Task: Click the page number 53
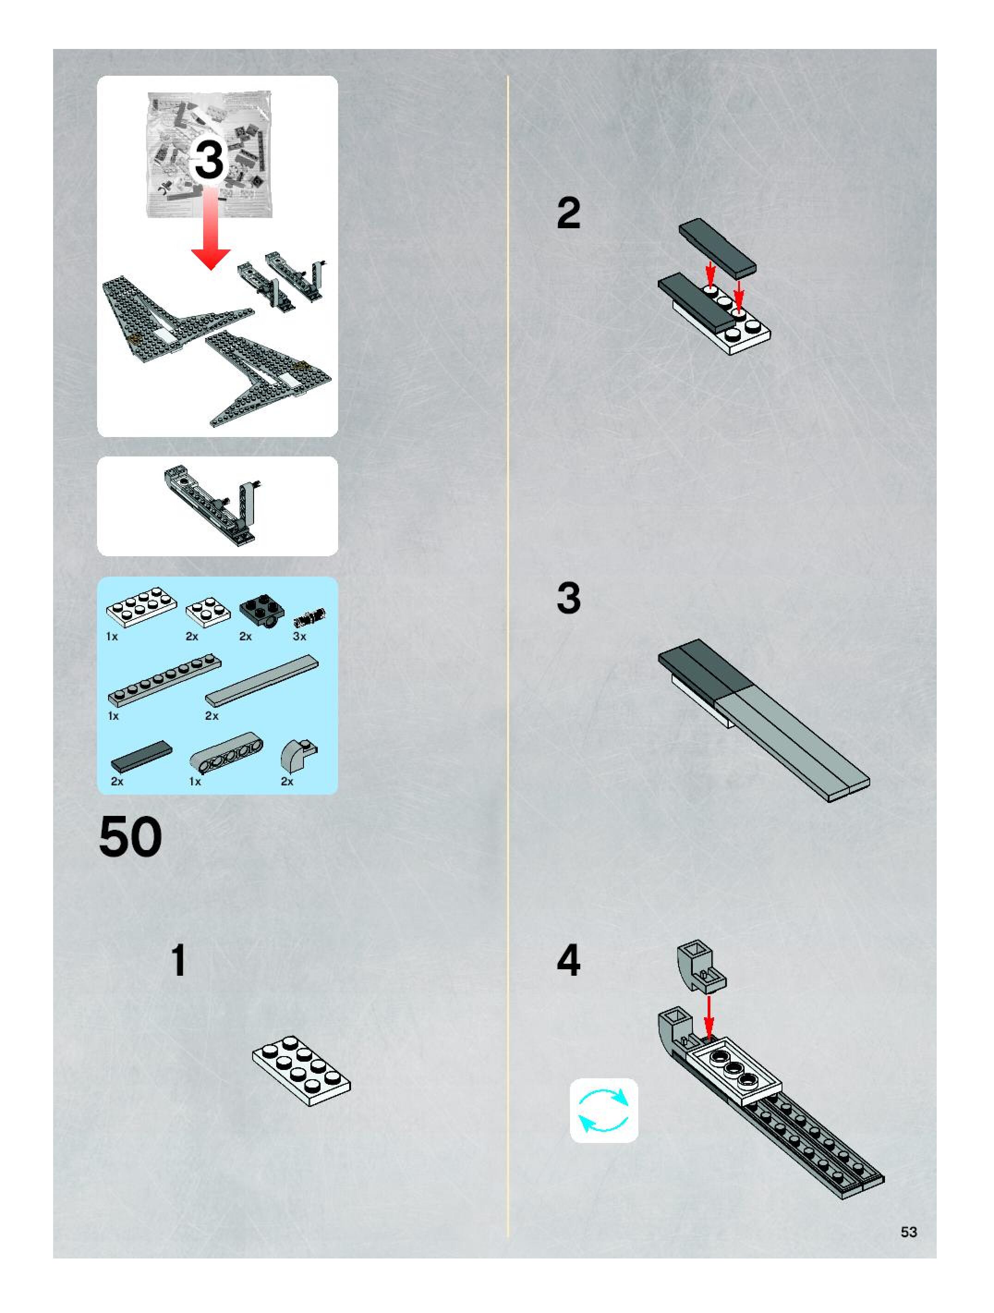909,1232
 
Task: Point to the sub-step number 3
569,598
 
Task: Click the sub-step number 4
569,960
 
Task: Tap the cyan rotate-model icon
604,1110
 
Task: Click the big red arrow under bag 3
211,229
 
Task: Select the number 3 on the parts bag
209,160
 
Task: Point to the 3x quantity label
300,636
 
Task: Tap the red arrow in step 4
709,1016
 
